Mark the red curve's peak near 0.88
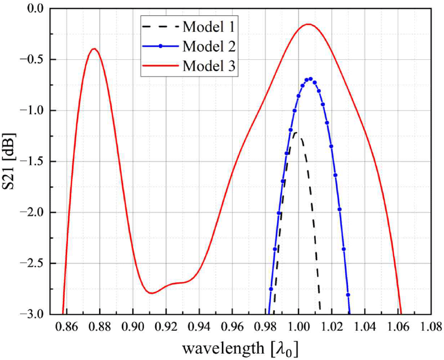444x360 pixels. tap(93, 49)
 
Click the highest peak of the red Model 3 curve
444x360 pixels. tap(308, 24)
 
